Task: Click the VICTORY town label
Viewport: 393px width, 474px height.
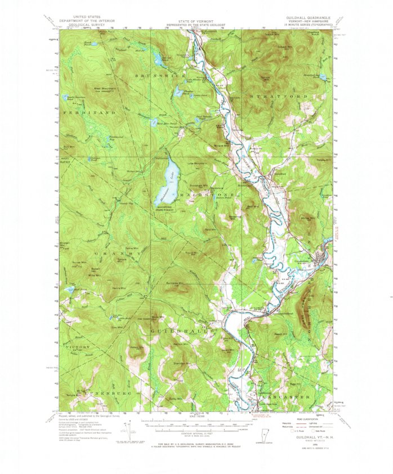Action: point(75,348)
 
